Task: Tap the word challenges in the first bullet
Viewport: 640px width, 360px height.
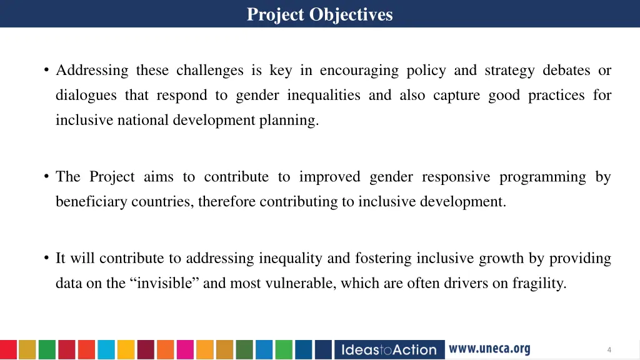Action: tap(209, 71)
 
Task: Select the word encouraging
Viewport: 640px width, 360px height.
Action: tap(359, 71)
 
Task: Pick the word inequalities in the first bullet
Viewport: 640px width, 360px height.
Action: tap(324, 96)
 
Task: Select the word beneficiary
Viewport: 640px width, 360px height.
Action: tap(91, 202)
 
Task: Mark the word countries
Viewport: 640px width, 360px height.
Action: tap(162, 202)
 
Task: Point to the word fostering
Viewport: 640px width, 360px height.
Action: tap(383, 258)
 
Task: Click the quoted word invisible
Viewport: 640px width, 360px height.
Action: tap(164, 283)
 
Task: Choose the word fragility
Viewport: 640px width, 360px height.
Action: tap(539, 283)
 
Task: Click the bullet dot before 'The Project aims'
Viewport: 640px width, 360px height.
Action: tap(47, 177)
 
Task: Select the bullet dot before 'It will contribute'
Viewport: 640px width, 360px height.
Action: tap(47, 258)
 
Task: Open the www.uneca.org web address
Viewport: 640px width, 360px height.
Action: tap(489, 349)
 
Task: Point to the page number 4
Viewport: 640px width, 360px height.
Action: tap(609, 350)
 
